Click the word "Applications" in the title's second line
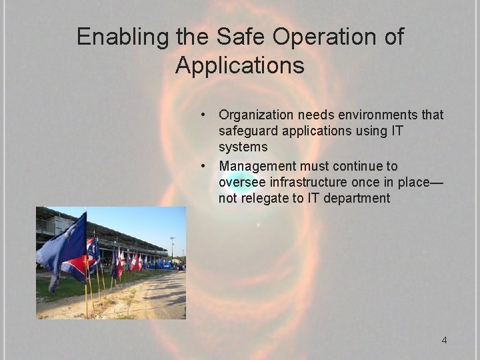coord(240,65)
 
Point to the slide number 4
coord(444,341)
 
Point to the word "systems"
coord(243,147)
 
